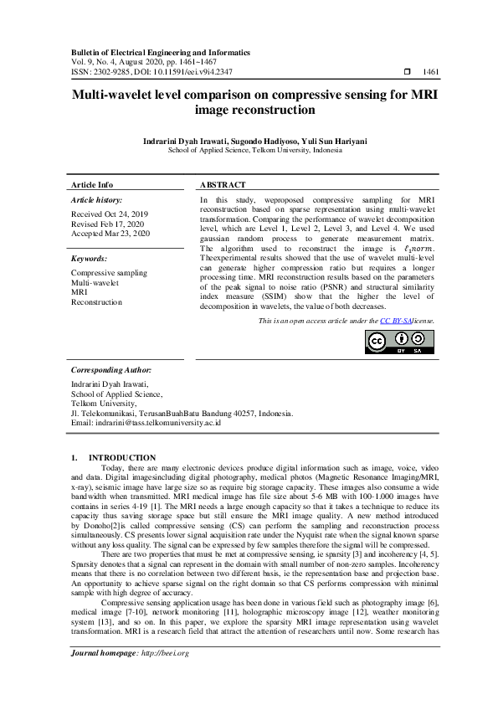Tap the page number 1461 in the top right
coord(432,73)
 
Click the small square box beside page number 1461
coord(408,73)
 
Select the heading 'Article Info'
coord(92,184)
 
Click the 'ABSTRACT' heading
coord(223,184)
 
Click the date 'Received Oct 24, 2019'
coord(109,214)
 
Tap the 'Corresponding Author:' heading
coord(110,369)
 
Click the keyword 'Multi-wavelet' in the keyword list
coord(95,283)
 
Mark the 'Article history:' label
coord(96,201)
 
